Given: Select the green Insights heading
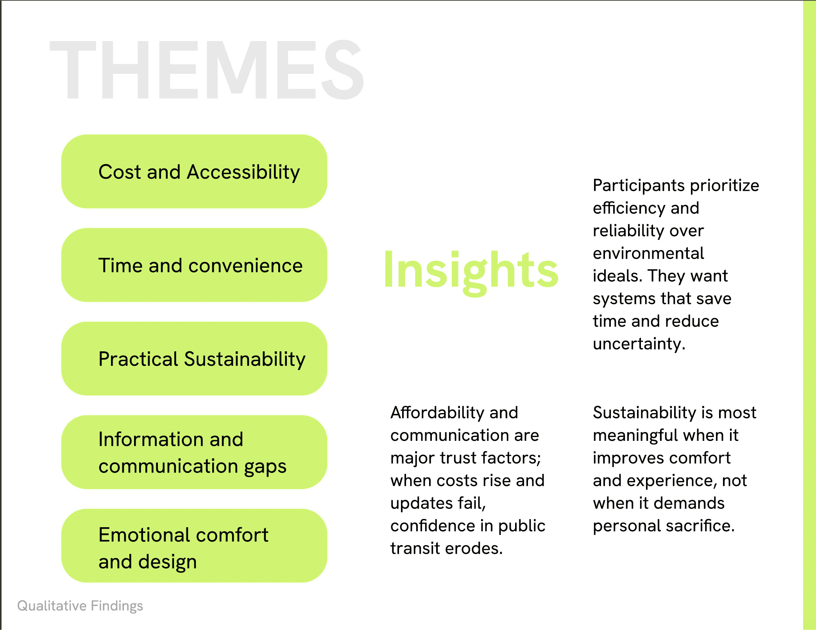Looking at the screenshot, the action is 471,271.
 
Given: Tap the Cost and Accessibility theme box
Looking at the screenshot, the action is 194,172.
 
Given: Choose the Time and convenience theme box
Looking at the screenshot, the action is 194,265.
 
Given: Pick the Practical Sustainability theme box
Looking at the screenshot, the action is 194,359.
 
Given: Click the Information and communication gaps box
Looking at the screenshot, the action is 194,452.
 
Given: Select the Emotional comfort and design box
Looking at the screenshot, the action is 194,546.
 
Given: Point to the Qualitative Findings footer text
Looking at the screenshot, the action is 80,606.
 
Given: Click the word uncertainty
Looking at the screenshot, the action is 639,344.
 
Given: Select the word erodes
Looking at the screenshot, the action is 474,548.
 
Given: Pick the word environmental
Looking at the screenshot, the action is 648,253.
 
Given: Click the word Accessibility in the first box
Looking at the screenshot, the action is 243,172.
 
